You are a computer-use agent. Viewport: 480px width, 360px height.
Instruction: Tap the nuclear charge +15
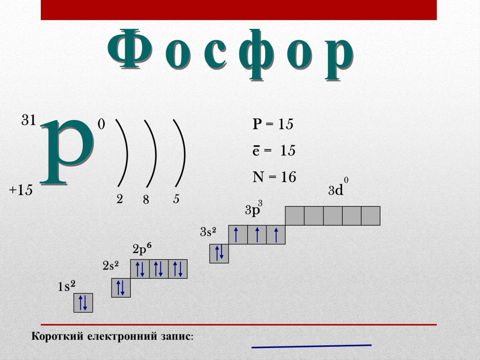point(21,190)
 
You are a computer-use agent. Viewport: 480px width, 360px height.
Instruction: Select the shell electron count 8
point(146,200)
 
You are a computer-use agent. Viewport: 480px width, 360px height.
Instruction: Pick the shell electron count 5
point(176,199)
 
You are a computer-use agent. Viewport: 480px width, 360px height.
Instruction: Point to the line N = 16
point(274,176)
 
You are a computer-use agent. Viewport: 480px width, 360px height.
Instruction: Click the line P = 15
point(273,124)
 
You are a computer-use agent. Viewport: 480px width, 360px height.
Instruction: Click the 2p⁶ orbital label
point(142,250)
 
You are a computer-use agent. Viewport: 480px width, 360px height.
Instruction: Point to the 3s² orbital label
point(208,232)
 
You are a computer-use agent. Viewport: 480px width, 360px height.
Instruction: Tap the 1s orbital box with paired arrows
point(83,303)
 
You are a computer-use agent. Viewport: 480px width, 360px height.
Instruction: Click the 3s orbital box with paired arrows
point(219,254)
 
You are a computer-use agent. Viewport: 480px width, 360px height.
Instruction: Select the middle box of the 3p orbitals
point(257,235)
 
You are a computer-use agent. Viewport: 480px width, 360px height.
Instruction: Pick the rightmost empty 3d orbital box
point(370,216)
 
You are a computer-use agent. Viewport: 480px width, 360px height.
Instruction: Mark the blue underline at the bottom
point(311,346)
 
